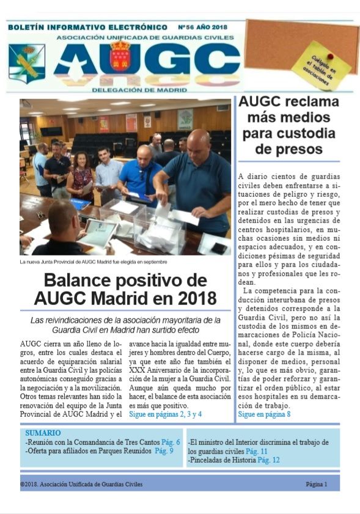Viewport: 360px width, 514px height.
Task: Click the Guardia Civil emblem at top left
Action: (27, 64)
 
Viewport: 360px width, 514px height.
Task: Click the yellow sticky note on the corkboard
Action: (321, 65)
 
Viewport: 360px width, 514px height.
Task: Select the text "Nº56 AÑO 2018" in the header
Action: (202, 28)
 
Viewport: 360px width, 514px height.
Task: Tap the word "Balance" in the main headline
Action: (84, 281)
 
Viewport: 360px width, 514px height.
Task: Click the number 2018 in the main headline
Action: (195, 299)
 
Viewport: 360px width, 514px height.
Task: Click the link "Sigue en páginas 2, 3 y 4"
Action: (165, 414)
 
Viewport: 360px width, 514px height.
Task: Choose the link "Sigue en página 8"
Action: (264, 414)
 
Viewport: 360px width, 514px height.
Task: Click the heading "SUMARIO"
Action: (43, 433)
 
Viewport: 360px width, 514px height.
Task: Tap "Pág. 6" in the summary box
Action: (169, 442)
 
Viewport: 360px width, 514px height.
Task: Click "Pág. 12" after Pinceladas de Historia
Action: (268, 460)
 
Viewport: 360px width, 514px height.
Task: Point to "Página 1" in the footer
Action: (317, 484)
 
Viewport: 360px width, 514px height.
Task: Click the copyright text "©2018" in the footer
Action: (31, 484)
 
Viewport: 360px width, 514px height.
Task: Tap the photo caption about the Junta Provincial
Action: (93, 262)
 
